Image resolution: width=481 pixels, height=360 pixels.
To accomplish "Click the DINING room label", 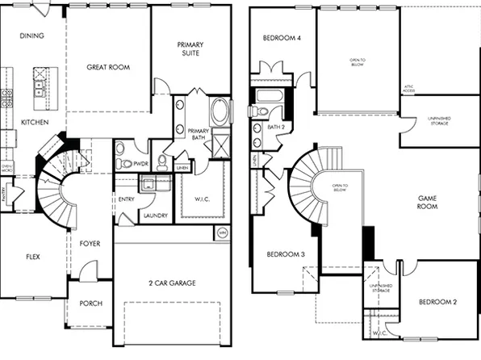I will (x=31, y=36).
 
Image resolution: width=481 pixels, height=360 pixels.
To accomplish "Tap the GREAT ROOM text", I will (x=109, y=68).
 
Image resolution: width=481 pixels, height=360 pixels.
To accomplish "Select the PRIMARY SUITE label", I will (x=191, y=48).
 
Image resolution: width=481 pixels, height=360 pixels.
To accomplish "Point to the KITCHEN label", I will (x=35, y=122).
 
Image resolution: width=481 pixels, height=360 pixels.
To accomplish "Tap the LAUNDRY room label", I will (x=154, y=216).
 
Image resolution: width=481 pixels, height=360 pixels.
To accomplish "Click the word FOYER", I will (x=89, y=241).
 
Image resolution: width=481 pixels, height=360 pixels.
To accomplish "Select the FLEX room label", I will (x=32, y=256).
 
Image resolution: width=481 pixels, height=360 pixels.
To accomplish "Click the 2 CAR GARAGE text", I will (x=171, y=283).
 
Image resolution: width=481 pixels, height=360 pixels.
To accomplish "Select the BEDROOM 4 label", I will (x=282, y=38).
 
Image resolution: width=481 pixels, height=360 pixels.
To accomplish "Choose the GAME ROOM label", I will (x=427, y=201).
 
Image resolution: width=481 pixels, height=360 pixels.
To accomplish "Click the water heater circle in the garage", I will (x=222, y=233).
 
